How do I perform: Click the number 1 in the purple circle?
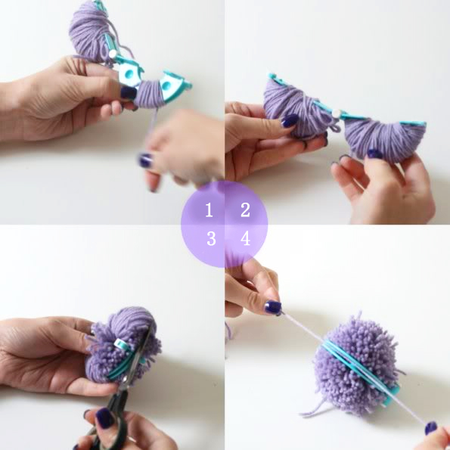[x=209, y=209]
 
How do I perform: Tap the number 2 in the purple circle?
[x=245, y=209]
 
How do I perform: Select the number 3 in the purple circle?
[x=211, y=238]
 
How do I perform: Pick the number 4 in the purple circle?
[x=245, y=238]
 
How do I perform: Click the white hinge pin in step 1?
[x=113, y=53]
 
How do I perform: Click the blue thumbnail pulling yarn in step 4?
[x=272, y=307]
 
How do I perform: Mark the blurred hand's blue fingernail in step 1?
[x=145, y=160]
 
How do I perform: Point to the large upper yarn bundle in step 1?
[x=89, y=32]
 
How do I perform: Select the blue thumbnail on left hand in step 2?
[x=289, y=121]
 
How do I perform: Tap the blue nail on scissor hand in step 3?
[x=104, y=417]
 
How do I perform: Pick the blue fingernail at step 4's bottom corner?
[x=430, y=427]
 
